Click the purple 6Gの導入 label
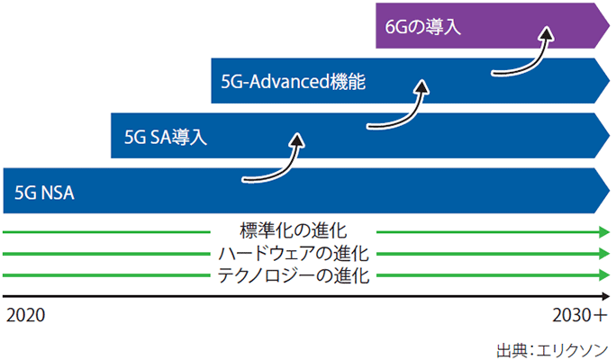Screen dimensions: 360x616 (422, 27)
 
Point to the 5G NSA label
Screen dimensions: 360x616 (43, 191)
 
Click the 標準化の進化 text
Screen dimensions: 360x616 (294, 230)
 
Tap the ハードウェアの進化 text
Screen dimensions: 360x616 (294, 253)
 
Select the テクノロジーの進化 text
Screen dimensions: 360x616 (294, 275)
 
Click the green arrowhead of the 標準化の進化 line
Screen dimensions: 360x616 (604, 232)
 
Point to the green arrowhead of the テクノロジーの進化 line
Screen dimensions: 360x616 (604, 276)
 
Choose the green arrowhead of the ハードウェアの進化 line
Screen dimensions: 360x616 (604, 255)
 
